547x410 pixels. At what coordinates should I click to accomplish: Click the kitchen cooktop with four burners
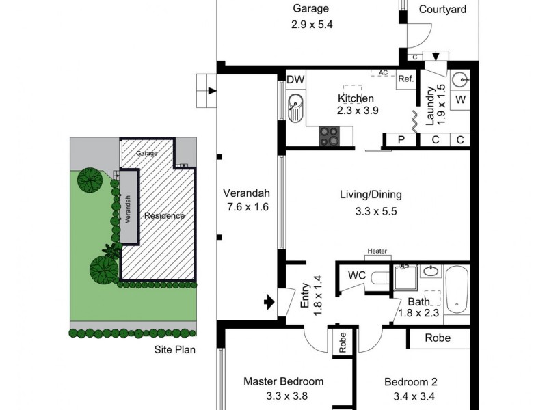330,136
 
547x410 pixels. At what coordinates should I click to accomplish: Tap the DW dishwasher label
295,80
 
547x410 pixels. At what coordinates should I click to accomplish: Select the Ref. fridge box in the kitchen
406,79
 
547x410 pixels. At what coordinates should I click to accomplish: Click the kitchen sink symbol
295,108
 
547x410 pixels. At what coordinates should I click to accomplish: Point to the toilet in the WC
381,278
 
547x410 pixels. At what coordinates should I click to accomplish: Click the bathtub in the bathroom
457,290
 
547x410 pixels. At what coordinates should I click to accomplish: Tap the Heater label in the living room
377,251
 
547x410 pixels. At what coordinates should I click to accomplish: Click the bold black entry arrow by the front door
269,302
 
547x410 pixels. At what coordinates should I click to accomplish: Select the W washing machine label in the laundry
460,100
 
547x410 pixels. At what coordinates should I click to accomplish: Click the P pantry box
401,140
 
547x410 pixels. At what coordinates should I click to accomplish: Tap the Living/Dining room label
371,195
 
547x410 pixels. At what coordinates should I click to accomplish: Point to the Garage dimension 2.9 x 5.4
312,25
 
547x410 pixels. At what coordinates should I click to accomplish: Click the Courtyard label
442,10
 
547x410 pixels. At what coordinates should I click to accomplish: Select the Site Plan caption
175,350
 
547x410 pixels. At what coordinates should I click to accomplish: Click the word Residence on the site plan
164,216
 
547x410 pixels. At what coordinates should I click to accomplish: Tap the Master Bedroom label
284,381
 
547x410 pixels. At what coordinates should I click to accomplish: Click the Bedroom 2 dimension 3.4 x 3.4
414,397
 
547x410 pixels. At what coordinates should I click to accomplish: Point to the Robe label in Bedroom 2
438,338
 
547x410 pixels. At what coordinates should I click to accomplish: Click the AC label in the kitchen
383,73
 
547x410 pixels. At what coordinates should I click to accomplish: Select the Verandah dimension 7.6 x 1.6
248,207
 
